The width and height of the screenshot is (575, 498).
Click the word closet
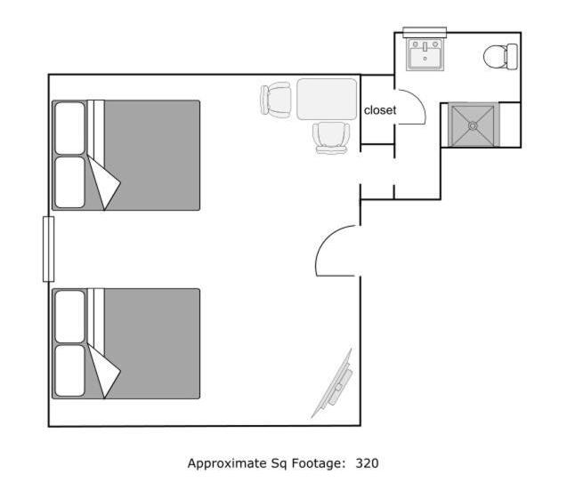[x=380, y=110]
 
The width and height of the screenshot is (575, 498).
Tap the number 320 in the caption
[x=367, y=463]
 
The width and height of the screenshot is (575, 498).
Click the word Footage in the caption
[x=319, y=463]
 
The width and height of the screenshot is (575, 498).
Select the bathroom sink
[x=425, y=54]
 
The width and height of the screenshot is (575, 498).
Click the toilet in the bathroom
[x=500, y=56]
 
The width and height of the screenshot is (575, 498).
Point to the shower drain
[x=473, y=125]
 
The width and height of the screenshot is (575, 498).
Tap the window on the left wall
[x=48, y=249]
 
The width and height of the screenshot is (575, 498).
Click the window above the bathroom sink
[x=425, y=32]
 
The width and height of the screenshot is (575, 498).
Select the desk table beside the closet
[x=327, y=99]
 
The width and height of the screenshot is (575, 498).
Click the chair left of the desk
[x=275, y=99]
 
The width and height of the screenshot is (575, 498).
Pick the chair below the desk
[x=330, y=138]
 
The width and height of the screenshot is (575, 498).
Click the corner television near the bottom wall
[x=333, y=384]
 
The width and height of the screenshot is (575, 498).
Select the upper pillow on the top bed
[x=69, y=128]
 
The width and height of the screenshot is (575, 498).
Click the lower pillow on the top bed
[x=69, y=182]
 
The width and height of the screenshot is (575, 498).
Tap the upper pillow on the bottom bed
[x=69, y=317]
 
